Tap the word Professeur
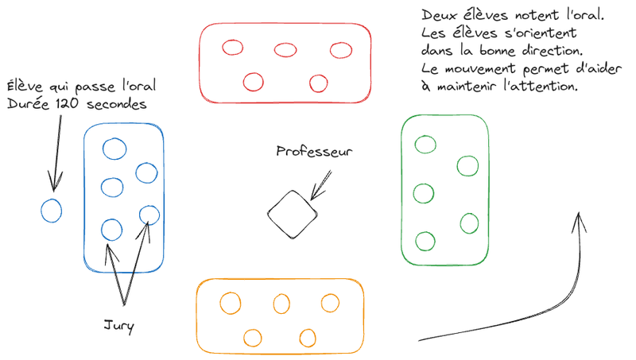click(314, 151)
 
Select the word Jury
click(118, 327)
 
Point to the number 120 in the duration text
click(67, 103)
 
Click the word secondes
click(116, 104)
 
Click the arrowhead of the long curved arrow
click(579, 214)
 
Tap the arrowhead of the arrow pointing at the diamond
click(312, 199)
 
